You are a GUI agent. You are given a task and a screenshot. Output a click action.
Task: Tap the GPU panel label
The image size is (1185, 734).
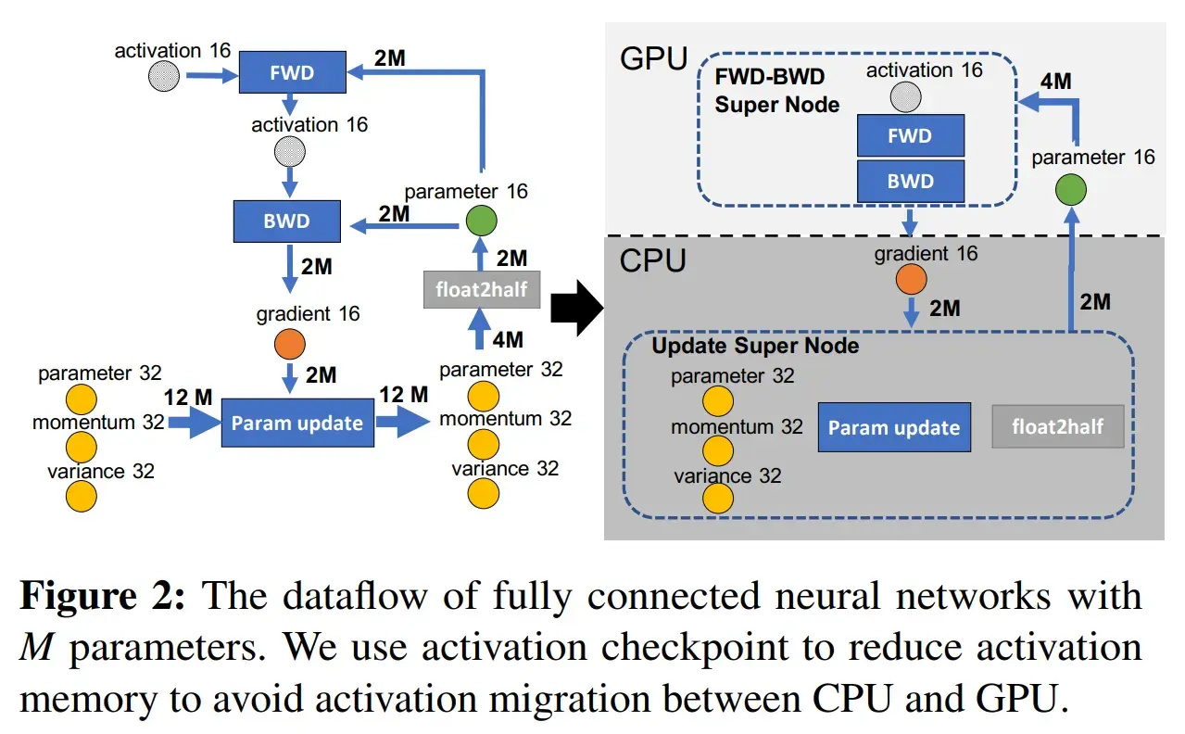point(653,60)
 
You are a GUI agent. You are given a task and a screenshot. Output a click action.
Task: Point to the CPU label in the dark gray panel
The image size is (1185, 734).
point(652,260)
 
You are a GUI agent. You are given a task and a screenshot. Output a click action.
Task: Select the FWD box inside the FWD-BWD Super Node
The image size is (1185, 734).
point(911,136)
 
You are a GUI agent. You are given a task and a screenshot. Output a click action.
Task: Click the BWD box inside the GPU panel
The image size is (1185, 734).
point(911,181)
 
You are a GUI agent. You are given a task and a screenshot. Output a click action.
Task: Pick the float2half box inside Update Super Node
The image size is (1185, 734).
point(1057,427)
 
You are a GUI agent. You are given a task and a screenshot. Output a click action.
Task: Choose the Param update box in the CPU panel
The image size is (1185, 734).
point(894,427)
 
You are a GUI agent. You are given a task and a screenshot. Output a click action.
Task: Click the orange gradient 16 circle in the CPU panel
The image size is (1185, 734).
point(912,280)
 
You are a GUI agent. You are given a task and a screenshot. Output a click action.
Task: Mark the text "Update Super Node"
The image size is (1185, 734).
point(755,346)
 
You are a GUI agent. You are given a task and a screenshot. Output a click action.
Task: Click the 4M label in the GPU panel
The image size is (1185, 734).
point(1055,82)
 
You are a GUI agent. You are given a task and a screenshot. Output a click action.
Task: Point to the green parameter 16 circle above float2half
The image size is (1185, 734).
point(481,221)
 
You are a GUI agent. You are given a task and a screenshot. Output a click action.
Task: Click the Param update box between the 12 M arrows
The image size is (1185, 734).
point(296,424)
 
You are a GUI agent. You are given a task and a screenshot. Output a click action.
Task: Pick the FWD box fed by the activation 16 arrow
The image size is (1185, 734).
point(292,72)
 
